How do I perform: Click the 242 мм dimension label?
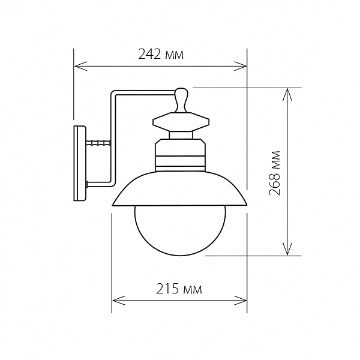pyautogui.click(x=161, y=55)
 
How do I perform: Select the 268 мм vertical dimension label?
pyautogui.click(x=275, y=173)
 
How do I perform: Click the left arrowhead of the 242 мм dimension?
pyautogui.click(x=80, y=66)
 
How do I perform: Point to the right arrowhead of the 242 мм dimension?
pyautogui.click(x=241, y=66)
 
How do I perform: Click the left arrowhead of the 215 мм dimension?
pyautogui.click(x=118, y=301)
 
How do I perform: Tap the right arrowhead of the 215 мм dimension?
pyautogui.click(x=241, y=301)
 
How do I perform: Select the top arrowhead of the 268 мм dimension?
pyautogui.click(x=287, y=95)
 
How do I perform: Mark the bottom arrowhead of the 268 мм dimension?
pyautogui.click(x=287, y=248)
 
